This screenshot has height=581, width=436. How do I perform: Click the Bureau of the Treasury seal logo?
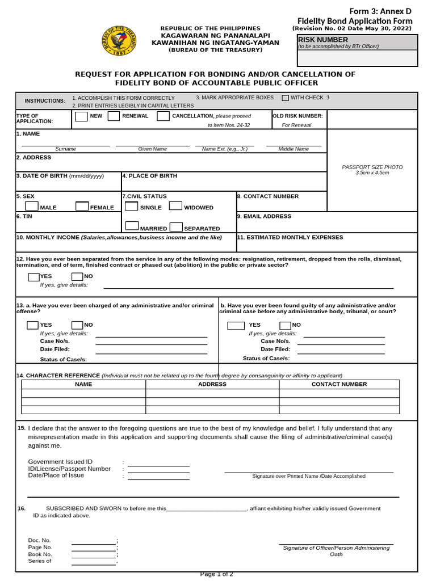119,41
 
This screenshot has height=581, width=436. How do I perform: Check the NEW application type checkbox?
82,116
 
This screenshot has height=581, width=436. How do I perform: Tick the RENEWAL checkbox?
114,116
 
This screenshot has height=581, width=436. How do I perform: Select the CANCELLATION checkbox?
163,116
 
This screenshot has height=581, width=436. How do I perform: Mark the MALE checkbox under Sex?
32,207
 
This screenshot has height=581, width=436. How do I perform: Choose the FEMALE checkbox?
82,207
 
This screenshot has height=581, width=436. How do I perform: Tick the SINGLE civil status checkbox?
132,207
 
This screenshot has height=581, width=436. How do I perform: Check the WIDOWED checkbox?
175,207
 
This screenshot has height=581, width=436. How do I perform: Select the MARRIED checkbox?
132,227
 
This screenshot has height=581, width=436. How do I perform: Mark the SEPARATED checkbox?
175,227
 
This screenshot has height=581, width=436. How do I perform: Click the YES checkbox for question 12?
33,277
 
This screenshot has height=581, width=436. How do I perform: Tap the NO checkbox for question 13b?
285,325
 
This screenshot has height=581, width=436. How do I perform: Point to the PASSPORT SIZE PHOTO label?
372,167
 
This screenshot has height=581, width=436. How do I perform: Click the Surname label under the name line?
66,149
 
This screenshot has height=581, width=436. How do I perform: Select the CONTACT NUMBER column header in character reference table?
339,384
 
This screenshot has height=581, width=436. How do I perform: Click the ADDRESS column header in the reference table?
212,384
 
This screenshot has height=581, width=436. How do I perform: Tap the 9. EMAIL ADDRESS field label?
264,216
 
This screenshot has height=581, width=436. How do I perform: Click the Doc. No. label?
39,541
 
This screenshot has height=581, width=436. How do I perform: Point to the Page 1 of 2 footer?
216,574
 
